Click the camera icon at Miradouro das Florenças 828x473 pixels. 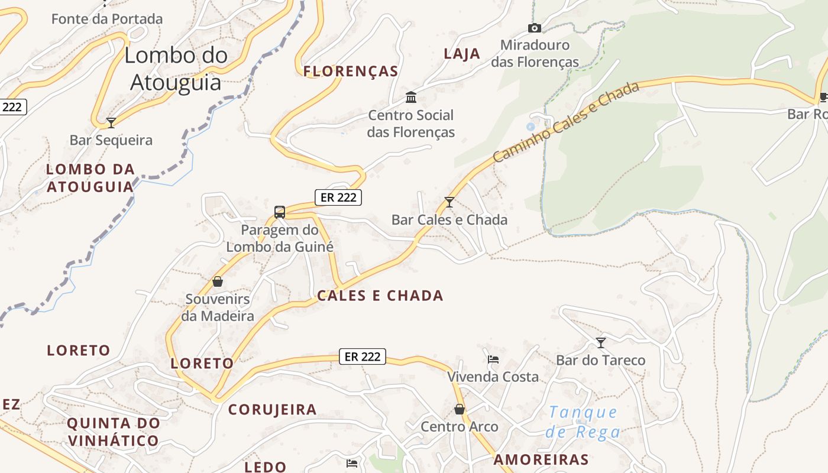coord(534,28)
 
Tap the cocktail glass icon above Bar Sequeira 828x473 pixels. coord(111,122)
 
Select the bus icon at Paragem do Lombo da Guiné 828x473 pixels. coord(280,212)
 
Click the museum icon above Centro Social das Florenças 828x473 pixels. coord(410,97)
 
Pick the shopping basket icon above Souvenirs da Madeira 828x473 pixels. coord(218,281)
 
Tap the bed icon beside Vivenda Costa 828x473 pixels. coord(493,359)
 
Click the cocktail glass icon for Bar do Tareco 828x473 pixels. coord(601,342)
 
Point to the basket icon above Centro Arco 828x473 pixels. coord(460,409)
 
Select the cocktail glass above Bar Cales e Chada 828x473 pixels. coord(449,202)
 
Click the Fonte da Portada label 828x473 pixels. coord(107,19)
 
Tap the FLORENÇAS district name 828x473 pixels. coord(351,72)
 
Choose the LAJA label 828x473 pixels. coord(462,54)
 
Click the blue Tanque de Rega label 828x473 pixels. coord(583,422)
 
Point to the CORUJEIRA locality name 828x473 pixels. coord(273,409)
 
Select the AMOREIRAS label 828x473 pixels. coord(541,459)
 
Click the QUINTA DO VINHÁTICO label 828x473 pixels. coord(113,432)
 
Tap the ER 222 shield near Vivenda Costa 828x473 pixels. coord(363,357)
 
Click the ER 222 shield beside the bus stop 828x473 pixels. coord(338,197)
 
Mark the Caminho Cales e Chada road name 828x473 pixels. coord(566,122)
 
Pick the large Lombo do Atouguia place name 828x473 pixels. coord(176,69)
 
